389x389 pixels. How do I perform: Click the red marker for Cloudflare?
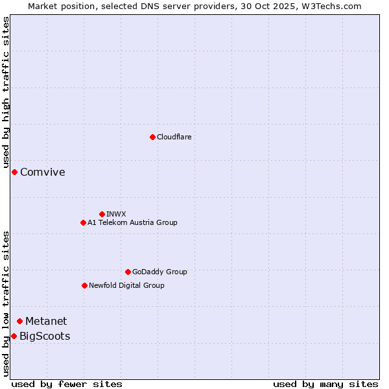(x=152, y=137)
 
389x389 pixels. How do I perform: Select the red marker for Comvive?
(x=14, y=172)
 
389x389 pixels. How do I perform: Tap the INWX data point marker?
(x=102, y=214)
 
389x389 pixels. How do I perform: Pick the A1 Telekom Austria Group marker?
(x=83, y=222)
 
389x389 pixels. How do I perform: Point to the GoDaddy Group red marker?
(x=128, y=272)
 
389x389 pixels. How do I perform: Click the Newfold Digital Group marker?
(x=84, y=285)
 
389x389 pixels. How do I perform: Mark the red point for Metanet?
(x=19, y=321)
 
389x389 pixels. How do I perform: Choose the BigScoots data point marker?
(x=14, y=336)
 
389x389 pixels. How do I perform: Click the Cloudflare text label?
(x=174, y=137)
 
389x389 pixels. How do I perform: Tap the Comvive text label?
(x=43, y=172)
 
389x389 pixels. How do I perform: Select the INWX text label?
(x=116, y=214)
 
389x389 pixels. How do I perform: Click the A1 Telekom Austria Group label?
(x=132, y=222)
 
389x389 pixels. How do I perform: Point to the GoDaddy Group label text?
(x=159, y=272)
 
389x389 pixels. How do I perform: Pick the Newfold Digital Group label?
(x=126, y=285)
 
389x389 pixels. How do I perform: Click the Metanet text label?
(x=46, y=321)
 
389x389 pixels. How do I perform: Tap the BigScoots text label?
(x=45, y=336)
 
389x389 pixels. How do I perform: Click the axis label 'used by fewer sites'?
(x=67, y=384)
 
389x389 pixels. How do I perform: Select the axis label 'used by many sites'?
(x=325, y=384)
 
